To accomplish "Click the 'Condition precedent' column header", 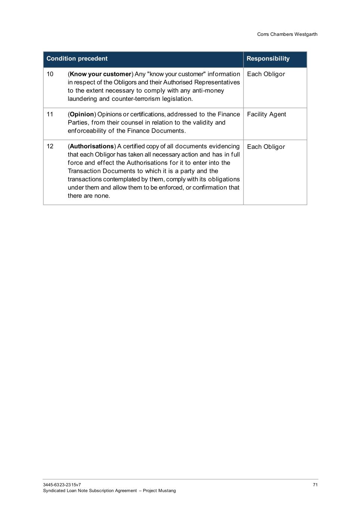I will (77, 59).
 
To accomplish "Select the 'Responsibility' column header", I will (268, 59).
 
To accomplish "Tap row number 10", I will (50, 74).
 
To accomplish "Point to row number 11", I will (50, 114).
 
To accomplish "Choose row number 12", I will (50, 146).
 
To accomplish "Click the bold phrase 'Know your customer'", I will (100, 74).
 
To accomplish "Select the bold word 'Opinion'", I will (82, 114).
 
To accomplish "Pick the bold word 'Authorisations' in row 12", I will (91, 146).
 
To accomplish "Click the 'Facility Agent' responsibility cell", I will (266, 114).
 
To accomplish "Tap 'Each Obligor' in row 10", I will (266, 74).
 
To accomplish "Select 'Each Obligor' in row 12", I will (266, 147).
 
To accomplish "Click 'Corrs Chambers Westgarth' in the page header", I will (287, 34).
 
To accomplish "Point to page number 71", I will (315, 485).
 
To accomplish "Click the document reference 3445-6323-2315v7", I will (62, 485).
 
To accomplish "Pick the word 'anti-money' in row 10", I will (208, 91).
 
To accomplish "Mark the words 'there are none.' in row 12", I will (89, 196).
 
